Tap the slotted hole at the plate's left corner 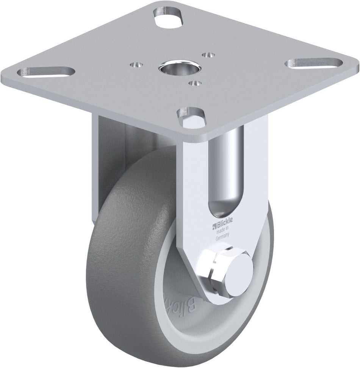pos(47,71)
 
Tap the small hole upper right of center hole pos(207,55)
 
